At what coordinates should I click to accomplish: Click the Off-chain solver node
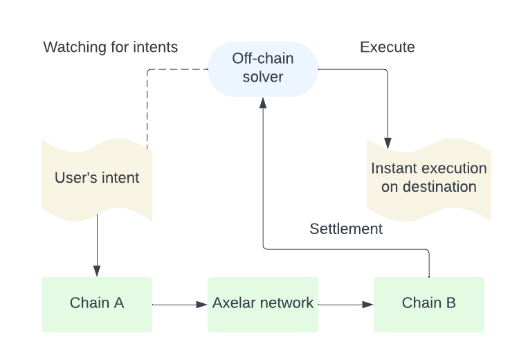(x=262, y=67)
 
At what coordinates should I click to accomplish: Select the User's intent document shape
(x=97, y=178)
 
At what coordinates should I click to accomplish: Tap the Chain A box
(x=97, y=303)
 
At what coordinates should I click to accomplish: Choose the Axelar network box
(x=263, y=303)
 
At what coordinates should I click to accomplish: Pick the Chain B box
(x=429, y=303)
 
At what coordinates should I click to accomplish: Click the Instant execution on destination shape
(x=428, y=178)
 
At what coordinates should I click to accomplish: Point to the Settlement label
(x=346, y=229)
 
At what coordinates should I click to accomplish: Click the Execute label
(x=388, y=47)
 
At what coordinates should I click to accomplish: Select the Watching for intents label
(x=111, y=47)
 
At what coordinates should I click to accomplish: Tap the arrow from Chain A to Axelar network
(x=180, y=304)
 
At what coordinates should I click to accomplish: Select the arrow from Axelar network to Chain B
(x=346, y=304)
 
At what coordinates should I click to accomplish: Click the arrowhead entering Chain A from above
(x=97, y=271)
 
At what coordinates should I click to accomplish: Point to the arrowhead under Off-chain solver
(x=263, y=102)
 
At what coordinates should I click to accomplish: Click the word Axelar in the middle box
(x=232, y=303)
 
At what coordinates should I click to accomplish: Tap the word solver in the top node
(x=263, y=76)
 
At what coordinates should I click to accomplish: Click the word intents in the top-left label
(x=157, y=47)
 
